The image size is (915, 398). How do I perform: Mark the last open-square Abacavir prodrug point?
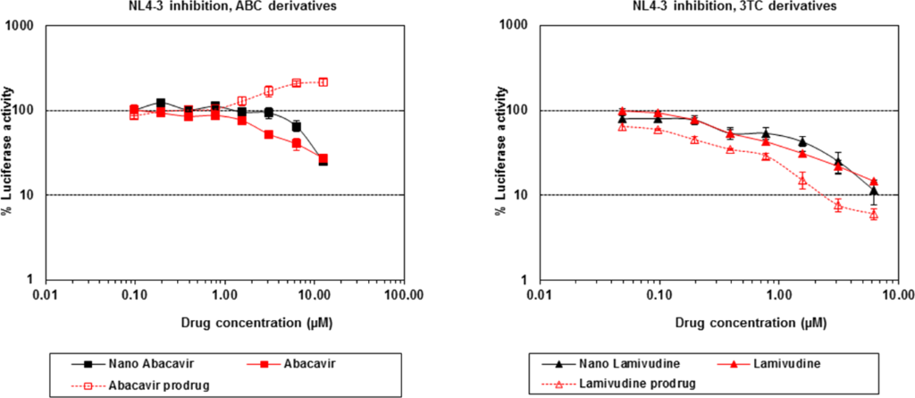323,81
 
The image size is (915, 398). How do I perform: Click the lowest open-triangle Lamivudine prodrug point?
874,214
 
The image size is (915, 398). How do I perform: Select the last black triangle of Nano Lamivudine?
874,191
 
